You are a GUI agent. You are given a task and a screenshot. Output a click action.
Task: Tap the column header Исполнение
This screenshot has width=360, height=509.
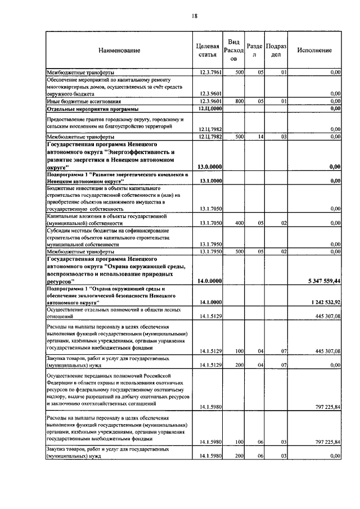click(315, 50)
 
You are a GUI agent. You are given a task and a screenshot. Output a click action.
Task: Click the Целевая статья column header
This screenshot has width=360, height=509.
click(207, 50)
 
